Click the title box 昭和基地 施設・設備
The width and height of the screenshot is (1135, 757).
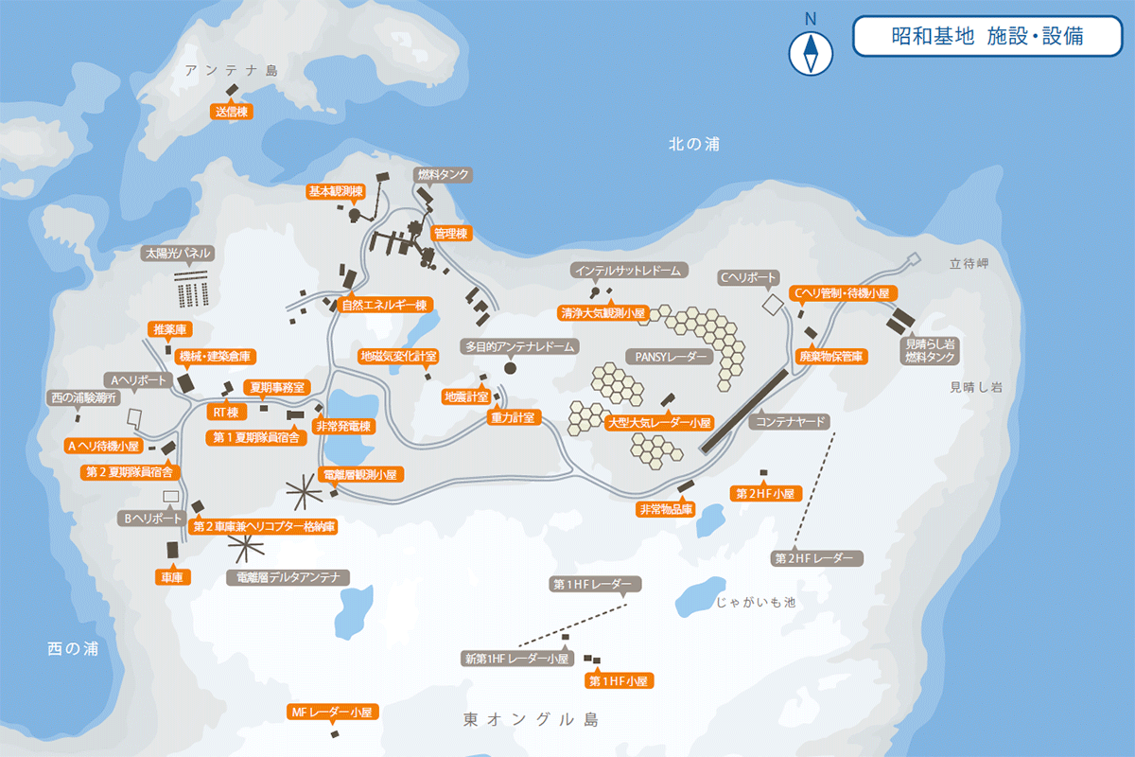coord(987,36)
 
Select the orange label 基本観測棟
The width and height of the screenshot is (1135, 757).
coord(335,191)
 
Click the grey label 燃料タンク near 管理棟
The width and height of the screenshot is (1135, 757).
coord(443,175)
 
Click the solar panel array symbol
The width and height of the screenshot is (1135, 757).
coord(191,288)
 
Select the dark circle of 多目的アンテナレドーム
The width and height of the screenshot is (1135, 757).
coord(511,368)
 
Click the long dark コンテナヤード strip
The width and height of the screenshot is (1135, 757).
coord(744,412)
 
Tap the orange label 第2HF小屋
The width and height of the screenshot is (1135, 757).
coord(767,493)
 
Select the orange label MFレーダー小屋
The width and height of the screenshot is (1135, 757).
coord(333,712)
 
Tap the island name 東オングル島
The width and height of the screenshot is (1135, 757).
coord(532,719)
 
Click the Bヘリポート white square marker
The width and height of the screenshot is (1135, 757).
coord(171,497)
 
